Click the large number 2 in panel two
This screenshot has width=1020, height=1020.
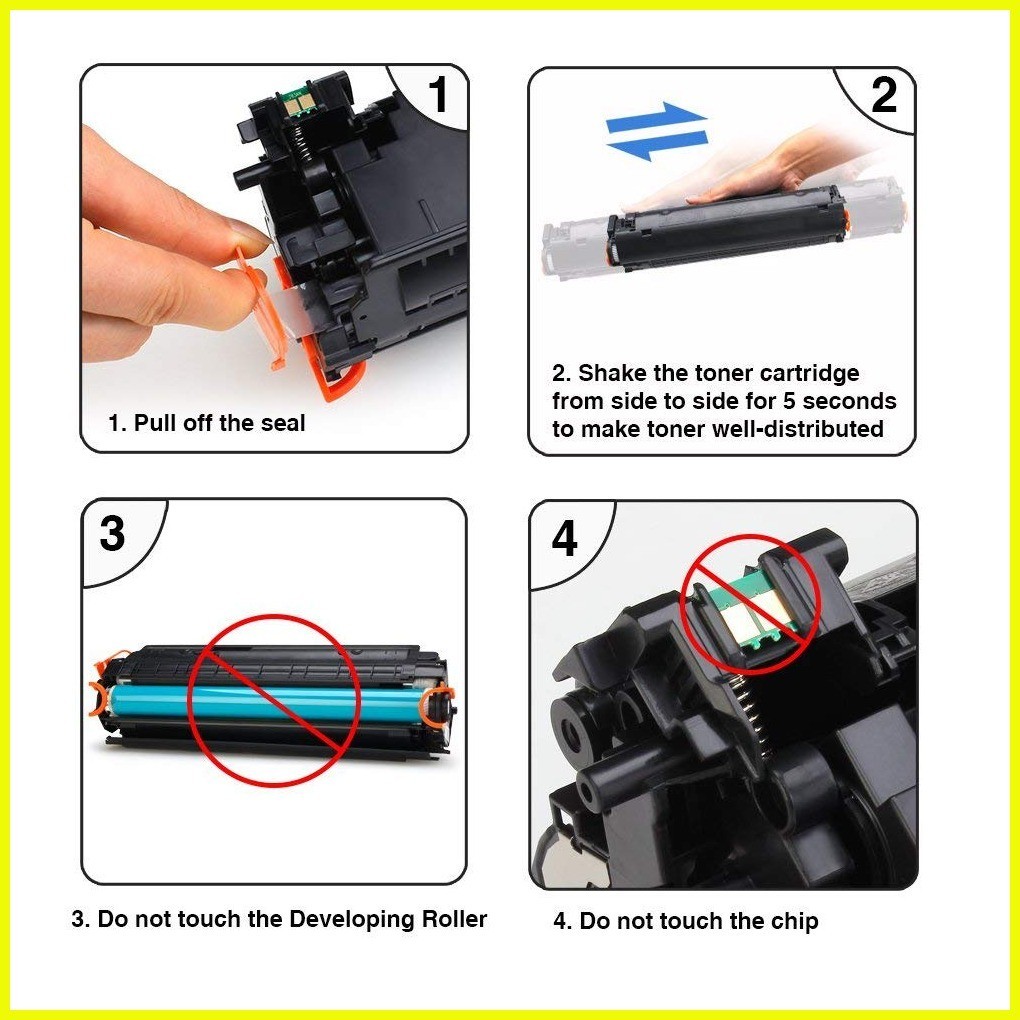(884, 95)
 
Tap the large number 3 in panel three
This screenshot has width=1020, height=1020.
(113, 533)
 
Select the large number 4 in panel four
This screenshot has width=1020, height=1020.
(565, 538)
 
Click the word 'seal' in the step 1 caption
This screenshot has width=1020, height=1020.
(283, 423)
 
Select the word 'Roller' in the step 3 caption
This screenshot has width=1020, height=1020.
(454, 919)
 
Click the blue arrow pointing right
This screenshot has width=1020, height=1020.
(656, 118)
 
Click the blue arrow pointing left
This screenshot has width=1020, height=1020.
(657, 146)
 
